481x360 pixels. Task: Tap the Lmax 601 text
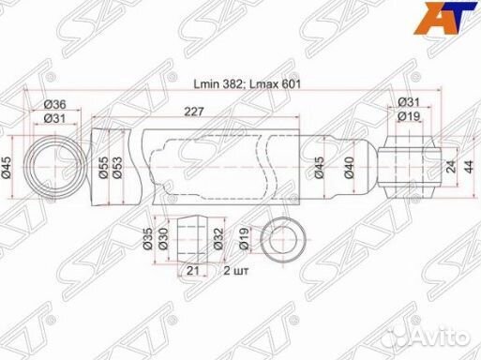pyautogui.click(x=274, y=84)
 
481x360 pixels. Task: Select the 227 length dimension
pyautogui.click(x=194, y=112)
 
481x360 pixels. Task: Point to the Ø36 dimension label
pyautogui.click(x=54, y=104)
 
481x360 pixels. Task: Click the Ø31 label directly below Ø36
pyautogui.click(x=54, y=118)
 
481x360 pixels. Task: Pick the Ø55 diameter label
pyautogui.click(x=103, y=167)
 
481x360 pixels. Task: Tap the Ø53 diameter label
pyautogui.click(x=117, y=167)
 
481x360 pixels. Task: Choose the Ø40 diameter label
pyautogui.click(x=350, y=167)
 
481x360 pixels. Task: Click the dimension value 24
pyautogui.click(x=451, y=167)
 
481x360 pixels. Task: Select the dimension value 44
pyautogui.click(x=469, y=167)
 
